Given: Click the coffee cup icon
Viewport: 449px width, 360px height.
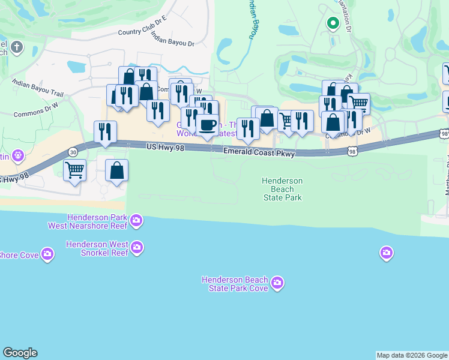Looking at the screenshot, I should tap(208, 125).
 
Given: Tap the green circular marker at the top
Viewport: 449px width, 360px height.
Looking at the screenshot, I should tap(332, 23).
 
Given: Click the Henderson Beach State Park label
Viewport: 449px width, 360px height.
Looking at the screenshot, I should tap(282, 189).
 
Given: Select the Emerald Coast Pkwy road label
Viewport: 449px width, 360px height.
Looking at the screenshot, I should tap(259, 154).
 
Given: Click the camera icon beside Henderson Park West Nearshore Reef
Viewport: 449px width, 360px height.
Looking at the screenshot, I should tap(137, 221).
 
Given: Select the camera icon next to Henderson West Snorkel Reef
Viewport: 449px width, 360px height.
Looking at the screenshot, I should tap(137, 247).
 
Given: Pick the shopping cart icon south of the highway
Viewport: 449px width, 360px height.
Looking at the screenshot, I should tap(74, 170).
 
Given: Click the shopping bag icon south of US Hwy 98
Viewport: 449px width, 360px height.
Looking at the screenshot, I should tap(117, 170).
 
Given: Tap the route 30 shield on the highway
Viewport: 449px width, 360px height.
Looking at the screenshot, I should tap(73, 152).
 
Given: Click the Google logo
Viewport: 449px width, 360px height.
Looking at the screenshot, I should tap(20, 353).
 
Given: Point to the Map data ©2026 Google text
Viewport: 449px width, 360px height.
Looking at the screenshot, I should tap(412, 355).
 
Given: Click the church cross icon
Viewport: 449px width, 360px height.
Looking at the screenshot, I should tap(17, 47).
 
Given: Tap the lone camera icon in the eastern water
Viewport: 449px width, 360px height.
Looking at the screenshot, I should tap(386, 253).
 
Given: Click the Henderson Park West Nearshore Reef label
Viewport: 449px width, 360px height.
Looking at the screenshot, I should tap(88, 221).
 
